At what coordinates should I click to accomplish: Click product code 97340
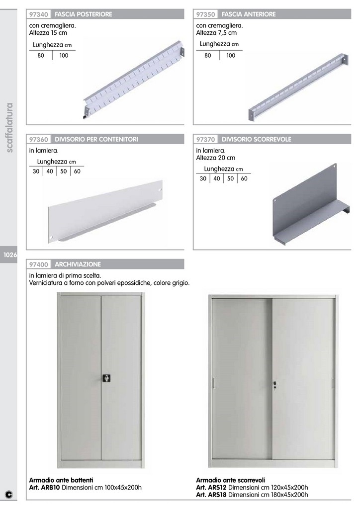(39, 14)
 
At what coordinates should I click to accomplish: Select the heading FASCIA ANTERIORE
(249, 14)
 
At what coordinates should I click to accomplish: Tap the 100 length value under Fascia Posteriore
(64, 56)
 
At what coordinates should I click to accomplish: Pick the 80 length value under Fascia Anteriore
(208, 56)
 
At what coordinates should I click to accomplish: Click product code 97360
(39, 139)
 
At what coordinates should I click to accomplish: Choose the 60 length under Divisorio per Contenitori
(77, 171)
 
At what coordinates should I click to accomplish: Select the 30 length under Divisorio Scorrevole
(203, 178)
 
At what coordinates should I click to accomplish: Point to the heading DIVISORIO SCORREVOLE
(257, 139)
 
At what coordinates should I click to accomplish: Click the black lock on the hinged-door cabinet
(106, 378)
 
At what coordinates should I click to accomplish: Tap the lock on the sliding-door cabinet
(274, 385)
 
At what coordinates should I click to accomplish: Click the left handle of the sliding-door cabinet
(214, 383)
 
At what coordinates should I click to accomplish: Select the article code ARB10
(51, 488)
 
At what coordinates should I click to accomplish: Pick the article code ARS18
(217, 495)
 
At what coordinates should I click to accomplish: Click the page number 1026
(10, 255)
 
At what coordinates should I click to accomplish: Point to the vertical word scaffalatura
(10, 128)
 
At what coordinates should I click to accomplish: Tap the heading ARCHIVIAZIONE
(78, 264)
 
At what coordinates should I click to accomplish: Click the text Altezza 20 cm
(215, 158)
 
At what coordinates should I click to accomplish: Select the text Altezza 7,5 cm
(216, 33)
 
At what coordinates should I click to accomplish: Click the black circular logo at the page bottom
(9, 495)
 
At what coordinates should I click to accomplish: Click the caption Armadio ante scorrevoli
(231, 480)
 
